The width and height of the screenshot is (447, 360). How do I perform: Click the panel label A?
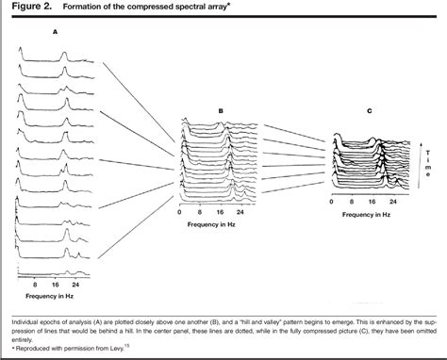(x=56, y=31)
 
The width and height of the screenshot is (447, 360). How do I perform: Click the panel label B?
(x=220, y=110)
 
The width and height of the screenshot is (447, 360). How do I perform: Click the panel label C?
(x=369, y=110)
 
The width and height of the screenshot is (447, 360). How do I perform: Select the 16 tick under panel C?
(x=374, y=203)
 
